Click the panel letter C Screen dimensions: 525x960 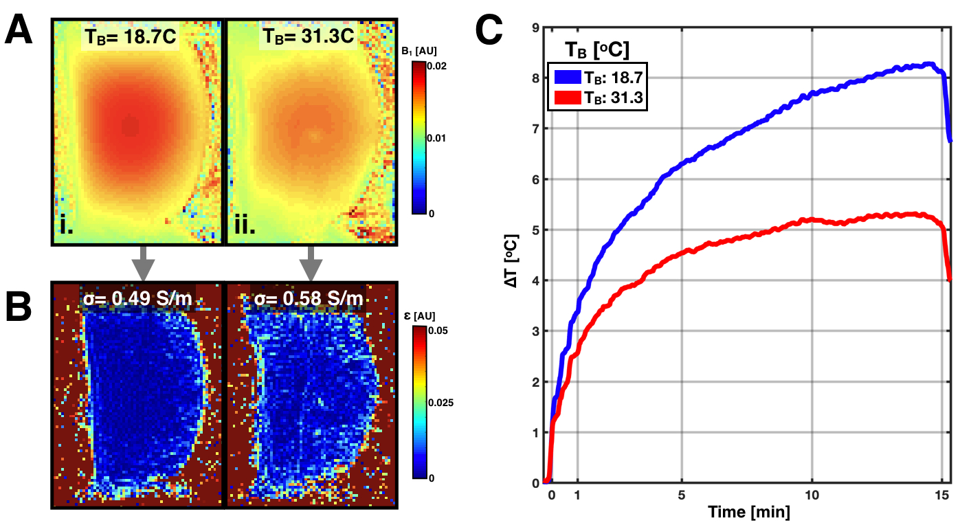click(x=495, y=30)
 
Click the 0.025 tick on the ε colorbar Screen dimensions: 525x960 click(x=442, y=403)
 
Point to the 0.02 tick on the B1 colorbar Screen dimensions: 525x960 click(x=438, y=64)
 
